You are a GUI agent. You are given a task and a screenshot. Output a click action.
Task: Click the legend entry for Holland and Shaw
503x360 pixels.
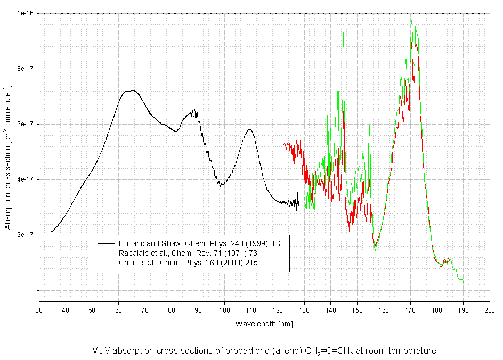pyautogui.click(x=200, y=243)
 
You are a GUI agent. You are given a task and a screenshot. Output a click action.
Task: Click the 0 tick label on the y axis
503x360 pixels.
pyautogui.click(x=33, y=290)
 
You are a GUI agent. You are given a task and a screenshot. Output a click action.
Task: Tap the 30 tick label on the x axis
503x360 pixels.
pyautogui.click(x=39, y=310)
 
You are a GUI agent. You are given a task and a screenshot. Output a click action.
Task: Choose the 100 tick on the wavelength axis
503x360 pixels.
pyautogui.click(x=224, y=310)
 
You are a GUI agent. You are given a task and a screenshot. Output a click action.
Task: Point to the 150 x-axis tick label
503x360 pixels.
pyautogui.click(x=357, y=310)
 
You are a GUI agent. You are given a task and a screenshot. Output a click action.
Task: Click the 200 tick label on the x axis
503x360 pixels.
pyautogui.click(x=489, y=310)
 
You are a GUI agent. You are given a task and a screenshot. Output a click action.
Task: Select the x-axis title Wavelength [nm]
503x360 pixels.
pyautogui.click(x=264, y=323)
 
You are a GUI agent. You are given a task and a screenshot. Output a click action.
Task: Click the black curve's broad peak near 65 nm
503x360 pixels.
pyautogui.click(x=132, y=91)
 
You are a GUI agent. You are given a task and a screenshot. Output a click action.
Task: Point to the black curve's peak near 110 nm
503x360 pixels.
pyautogui.click(x=249, y=129)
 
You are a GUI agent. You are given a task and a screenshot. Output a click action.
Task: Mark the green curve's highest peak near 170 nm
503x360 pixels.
pyautogui.click(x=411, y=20)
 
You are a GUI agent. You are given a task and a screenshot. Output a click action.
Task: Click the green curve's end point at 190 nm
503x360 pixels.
pyautogui.click(x=464, y=282)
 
